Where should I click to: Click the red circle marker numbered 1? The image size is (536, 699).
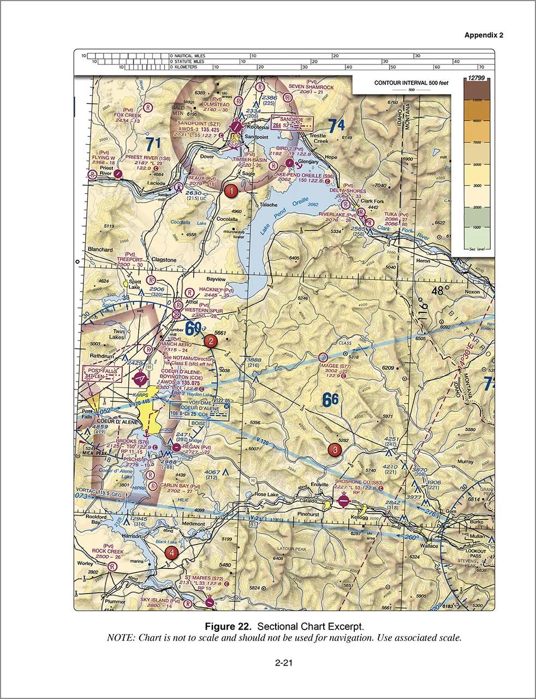coord(231,191)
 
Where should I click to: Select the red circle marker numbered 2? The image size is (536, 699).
coord(210,341)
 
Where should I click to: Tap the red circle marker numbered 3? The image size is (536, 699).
coord(334,450)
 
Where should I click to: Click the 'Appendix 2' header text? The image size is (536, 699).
coord(484,35)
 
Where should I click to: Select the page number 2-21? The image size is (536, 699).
coord(284,664)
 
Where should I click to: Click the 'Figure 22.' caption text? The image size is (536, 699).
coord(228,625)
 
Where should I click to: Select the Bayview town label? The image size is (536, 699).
coord(215,278)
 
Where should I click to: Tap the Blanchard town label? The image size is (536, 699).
coord(100,249)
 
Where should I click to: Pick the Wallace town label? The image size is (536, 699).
coord(428,546)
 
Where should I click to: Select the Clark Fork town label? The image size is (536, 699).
coord(372,201)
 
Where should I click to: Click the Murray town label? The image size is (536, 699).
coord(466,461)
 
